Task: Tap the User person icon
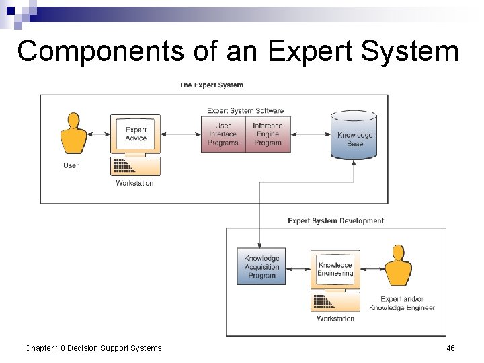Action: pyautogui.click(x=73, y=134)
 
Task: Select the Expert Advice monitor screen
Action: pyautogui.click(x=135, y=134)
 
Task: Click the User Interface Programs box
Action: pyautogui.click(x=223, y=134)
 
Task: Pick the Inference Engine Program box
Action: pyautogui.click(x=268, y=134)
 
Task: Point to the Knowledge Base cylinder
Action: pyautogui.click(x=354, y=136)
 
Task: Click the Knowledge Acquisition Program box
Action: pyautogui.click(x=261, y=267)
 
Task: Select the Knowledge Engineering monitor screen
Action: pyautogui.click(x=335, y=269)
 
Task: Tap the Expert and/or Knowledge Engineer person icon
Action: pyautogui.click(x=398, y=267)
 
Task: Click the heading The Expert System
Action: pyautogui.click(x=211, y=85)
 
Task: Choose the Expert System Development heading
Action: pyautogui.click(x=335, y=221)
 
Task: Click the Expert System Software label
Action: pyautogui.click(x=245, y=110)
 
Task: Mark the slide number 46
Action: pyautogui.click(x=450, y=348)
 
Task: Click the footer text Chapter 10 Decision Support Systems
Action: pyautogui.click(x=93, y=348)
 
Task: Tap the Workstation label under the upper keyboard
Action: pyautogui.click(x=134, y=183)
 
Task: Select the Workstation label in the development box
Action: pyautogui.click(x=335, y=319)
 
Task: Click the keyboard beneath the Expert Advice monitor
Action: pyautogui.click(x=135, y=166)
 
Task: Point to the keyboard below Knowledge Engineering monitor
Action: pyautogui.click(x=335, y=302)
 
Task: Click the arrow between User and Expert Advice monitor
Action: pyautogui.click(x=99, y=134)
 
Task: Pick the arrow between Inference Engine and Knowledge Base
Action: pyautogui.click(x=311, y=134)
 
